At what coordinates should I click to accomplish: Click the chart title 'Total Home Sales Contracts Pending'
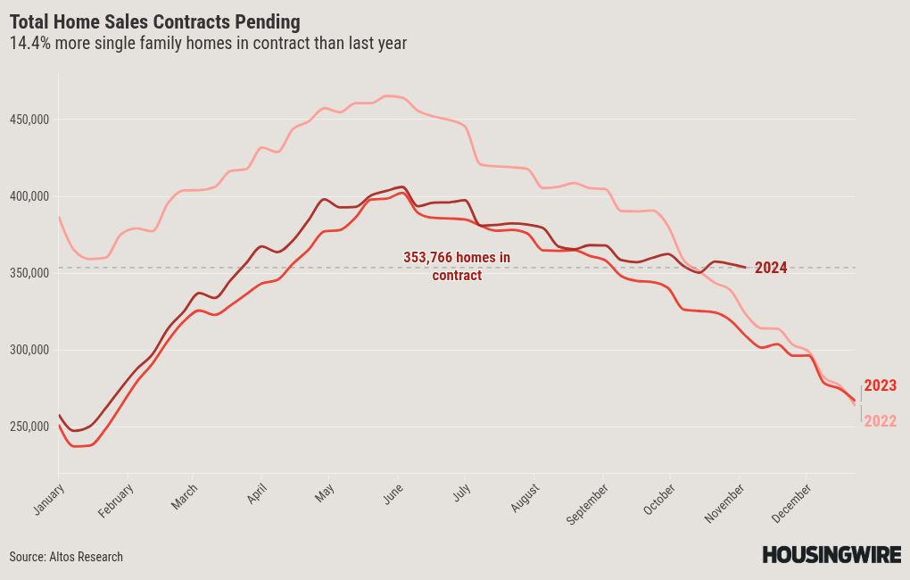(x=155, y=22)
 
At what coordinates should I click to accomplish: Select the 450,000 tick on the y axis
(x=29, y=120)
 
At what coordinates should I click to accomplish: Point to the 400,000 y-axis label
(x=29, y=197)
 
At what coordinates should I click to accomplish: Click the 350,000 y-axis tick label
(x=29, y=273)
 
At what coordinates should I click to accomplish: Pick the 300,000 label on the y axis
(x=29, y=350)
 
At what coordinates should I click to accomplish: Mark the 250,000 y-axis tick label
(x=29, y=427)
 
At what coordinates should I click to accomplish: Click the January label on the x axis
(x=49, y=500)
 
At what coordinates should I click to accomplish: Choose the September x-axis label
(x=587, y=504)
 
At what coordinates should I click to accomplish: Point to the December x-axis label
(x=791, y=503)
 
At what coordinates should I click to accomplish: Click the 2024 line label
(x=771, y=268)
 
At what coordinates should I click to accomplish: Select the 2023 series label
(x=880, y=385)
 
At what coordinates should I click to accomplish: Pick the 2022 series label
(x=880, y=421)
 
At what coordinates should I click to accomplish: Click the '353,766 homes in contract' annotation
(x=457, y=266)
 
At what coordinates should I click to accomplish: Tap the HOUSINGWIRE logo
(x=831, y=554)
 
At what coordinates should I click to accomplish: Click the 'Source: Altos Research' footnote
(x=66, y=557)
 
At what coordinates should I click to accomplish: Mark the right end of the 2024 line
(x=746, y=267)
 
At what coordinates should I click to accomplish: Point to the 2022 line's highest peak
(x=390, y=95)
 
